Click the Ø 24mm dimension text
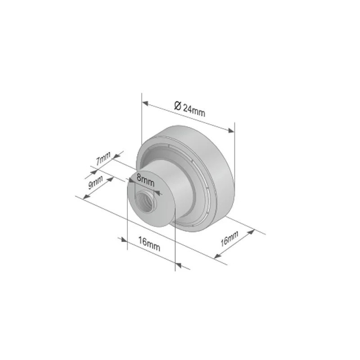[189, 109]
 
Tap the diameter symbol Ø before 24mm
[178, 106]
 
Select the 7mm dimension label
[103, 158]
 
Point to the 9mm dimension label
[95, 182]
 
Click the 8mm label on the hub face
[145, 180]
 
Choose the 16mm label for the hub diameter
[149, 244]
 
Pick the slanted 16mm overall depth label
[229, 238]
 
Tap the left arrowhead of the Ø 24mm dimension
[145, 103]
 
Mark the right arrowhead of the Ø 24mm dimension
[231, 130]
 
